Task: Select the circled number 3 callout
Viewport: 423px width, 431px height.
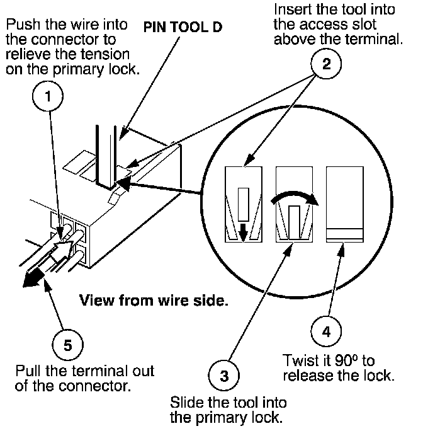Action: [223, 376]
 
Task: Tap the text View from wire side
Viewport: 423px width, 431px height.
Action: [153, 301]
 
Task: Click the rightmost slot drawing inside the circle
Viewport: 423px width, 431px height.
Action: [344, 205]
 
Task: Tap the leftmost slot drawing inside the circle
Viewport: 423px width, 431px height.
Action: [244, 205]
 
